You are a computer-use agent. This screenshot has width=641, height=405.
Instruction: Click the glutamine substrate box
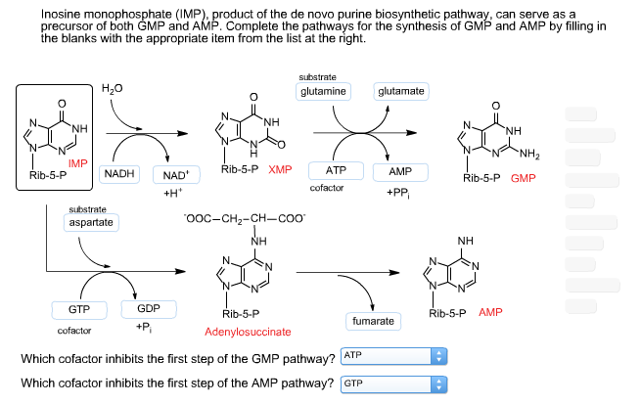pos(323,91)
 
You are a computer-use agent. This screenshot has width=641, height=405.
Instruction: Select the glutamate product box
pos(400,91)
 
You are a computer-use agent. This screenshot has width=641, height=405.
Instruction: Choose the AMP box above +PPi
pos(400,171)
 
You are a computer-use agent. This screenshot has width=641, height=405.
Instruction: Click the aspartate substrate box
pos(90,223)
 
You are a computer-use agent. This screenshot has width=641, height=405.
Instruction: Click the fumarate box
pos(372,321)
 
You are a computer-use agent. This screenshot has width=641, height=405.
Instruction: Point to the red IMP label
pos(78,162)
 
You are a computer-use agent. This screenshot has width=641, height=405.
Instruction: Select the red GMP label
pos(523,179)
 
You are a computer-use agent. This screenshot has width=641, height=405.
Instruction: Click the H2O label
pos(112,89)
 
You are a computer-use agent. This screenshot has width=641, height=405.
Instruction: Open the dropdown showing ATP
pos(392,357)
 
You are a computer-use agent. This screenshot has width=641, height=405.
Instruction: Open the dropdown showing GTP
pos(392,382)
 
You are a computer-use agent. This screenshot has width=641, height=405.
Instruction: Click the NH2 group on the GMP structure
pos(529,154)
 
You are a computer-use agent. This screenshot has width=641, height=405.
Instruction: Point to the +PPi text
pos(399,192)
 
